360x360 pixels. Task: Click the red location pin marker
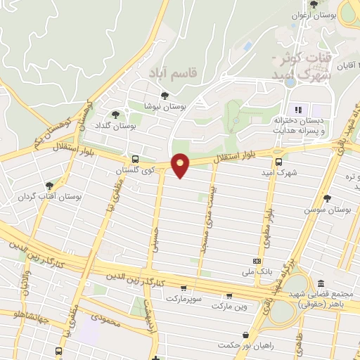(x=181, y=165)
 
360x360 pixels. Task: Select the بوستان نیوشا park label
(x=163, y=106)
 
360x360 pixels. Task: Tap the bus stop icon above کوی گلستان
(x=135, y=159)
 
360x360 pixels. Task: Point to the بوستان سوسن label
(x=327, y=210)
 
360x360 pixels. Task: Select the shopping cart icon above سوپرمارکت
(x=184, y=287)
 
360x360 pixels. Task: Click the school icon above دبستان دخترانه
(x=297, y=109)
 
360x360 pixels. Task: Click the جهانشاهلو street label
(x=19, y=318)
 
